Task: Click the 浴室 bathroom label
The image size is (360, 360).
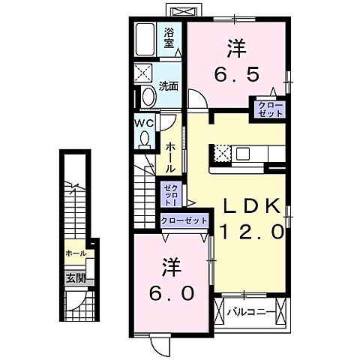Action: (x=169, y=37)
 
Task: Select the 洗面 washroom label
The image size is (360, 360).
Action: (x=169, y=85)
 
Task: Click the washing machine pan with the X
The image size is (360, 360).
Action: (x=144, y=73)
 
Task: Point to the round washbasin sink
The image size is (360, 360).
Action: (x=147, y=97)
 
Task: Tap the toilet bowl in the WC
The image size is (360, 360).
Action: (x=144, y=138)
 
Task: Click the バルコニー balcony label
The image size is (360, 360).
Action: (x=246, y=310)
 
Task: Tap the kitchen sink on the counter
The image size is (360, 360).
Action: (x=243, y=154)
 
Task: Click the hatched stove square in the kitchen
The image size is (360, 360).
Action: (x=221, y=154)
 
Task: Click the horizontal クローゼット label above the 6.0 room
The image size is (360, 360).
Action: (x=183, y=221)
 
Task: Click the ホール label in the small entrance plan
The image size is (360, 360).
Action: (x=75, y=253)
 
